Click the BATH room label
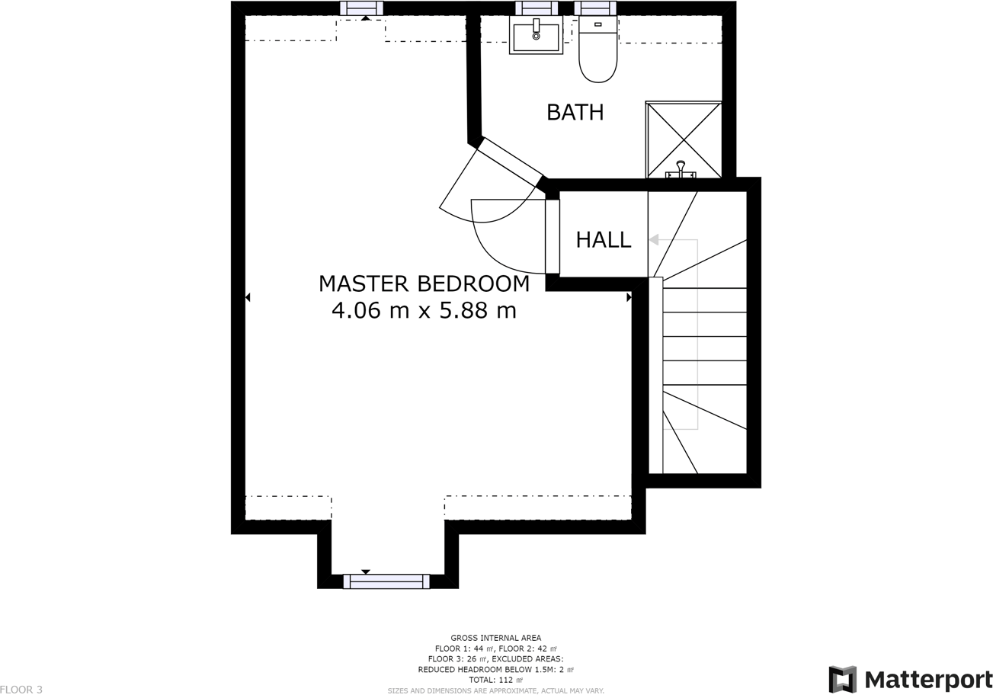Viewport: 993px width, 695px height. (575, 112)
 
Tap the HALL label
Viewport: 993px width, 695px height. (604, 240)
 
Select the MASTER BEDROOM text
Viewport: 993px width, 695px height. (424, 283)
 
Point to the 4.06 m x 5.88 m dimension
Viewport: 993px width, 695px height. (424, 310)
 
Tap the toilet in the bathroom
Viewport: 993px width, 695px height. (598, 49)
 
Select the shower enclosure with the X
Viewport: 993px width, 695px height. (684, 140)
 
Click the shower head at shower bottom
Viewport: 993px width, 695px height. (681, 169)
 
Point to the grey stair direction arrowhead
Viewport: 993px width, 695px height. (653, 240)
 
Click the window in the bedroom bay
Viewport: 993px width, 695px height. (386, 581)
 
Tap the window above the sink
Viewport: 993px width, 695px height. (537, 8)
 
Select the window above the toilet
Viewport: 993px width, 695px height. (595, 8)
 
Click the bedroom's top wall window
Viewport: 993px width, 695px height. (361, 8)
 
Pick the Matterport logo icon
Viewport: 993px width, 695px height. (843, 679)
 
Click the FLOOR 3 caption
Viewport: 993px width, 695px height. (21, 690)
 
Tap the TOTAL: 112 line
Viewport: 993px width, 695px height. (495, 680)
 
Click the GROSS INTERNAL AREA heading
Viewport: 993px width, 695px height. (495, 639)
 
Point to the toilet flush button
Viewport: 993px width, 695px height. (598, 24)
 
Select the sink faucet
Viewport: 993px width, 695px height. (537, 29)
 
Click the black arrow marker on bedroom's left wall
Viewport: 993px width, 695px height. (248, 297)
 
